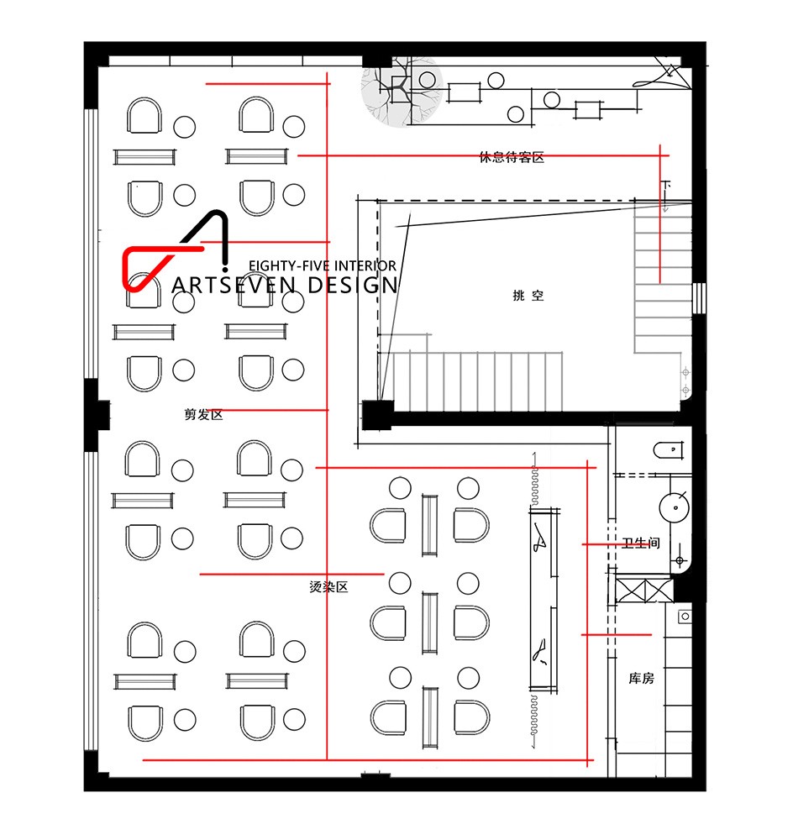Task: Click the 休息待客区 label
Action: click(x=512, y=157)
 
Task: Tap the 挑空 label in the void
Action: click(x=528, y=295)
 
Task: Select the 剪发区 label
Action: click(x=203, y=415)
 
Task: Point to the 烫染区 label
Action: click(x=329, y=587)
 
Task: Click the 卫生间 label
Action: click(x=641, y=543)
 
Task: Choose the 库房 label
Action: click(x=641, y=679)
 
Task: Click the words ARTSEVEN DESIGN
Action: click(x=285, y=286)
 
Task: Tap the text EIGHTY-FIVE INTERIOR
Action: click(x=323, y=265)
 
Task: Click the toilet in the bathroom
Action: click(x=668, y=450)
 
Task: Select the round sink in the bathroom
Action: click(x=674, y=507)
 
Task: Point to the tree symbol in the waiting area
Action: click(x=402, y=91)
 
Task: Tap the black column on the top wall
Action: click(x=377, y=60)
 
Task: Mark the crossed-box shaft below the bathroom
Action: click(x=644, y=590)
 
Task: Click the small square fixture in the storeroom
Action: click(x=685, y=617)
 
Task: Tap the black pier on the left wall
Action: click(x=97, y=415)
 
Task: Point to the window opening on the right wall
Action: click(x=699, y=298)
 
